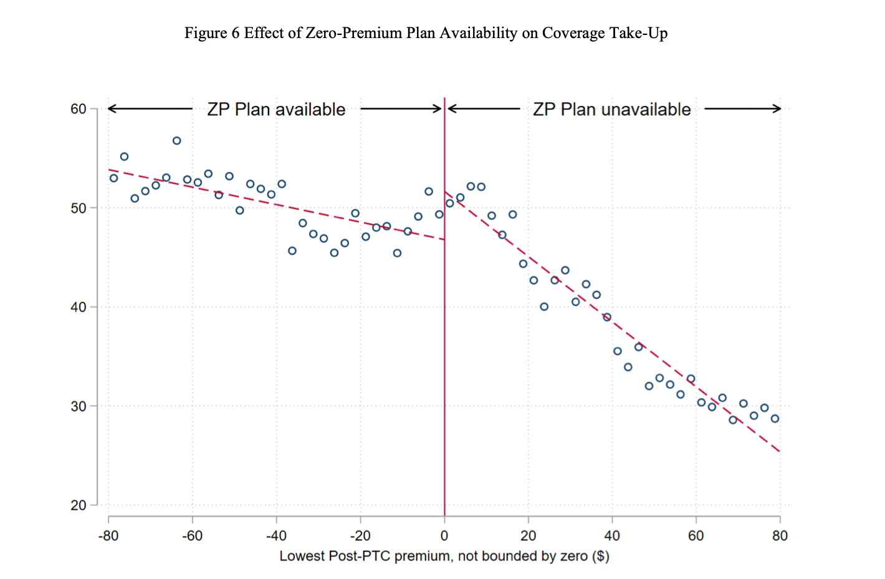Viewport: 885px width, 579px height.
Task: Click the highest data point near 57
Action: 177,141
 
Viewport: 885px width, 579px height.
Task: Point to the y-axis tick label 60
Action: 79,109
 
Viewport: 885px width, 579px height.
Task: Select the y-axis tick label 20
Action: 79,505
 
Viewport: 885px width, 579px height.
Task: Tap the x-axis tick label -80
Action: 108,536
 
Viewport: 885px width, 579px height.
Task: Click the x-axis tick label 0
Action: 444,536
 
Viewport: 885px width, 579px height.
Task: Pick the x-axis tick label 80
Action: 780,536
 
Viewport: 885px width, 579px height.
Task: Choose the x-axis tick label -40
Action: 276,536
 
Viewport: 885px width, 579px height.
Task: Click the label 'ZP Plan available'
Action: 276,110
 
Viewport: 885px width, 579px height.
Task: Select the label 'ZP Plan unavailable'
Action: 611,110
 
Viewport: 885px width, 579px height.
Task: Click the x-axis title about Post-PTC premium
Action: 444,556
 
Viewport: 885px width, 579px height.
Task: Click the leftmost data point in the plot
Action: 113,178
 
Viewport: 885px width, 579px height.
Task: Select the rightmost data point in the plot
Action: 775,419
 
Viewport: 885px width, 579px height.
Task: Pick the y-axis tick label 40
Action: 79,307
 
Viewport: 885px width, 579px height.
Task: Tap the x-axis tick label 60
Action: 696,536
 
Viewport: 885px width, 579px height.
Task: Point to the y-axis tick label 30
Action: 79,406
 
